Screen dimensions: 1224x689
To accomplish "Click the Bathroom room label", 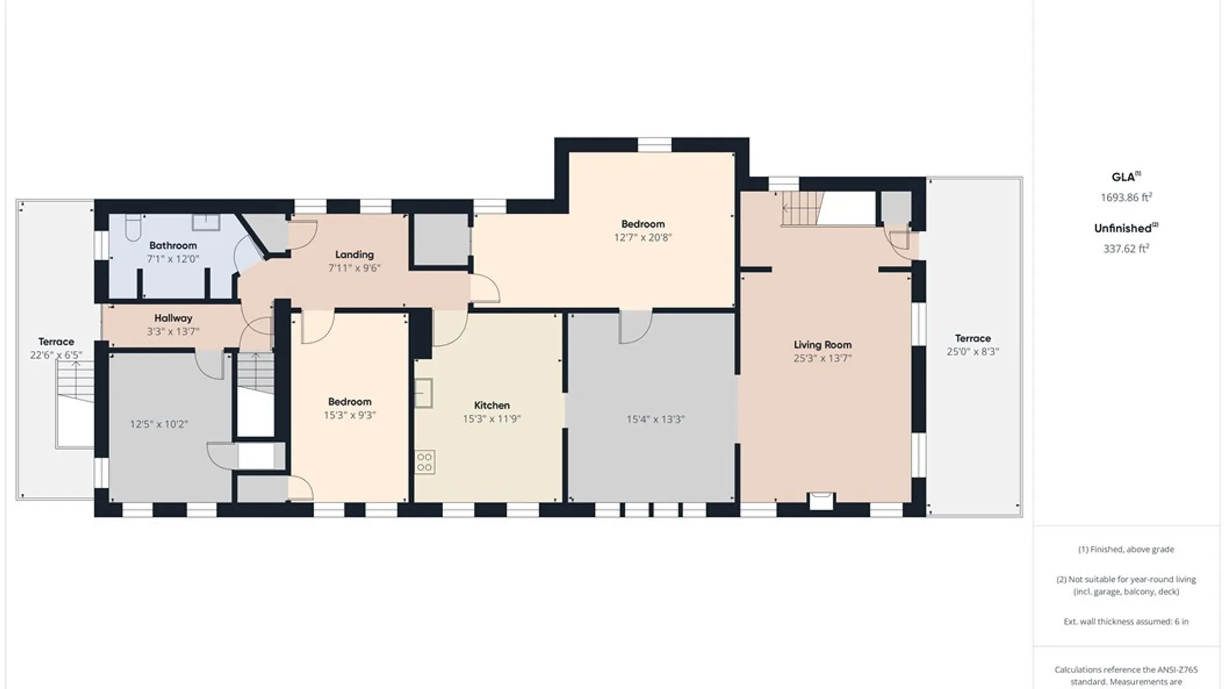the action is pos(173,246).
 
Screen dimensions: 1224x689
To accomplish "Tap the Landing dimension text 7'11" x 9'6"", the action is pos(354,268).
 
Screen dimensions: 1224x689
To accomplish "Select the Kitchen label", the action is pos(492,405).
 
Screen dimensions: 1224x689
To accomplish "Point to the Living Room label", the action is pos(822,344).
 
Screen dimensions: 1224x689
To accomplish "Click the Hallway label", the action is pos(173,318).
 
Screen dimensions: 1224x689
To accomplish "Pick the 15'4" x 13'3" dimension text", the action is pos(655,419).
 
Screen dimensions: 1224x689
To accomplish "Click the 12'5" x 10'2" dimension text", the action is pos(159,424).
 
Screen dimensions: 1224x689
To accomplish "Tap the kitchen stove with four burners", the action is pos(425,462).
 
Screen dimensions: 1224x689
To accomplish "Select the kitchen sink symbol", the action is pos(424,392).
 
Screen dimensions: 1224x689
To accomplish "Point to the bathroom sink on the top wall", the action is pos(207,222).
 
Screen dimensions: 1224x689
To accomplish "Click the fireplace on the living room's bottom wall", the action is pos(820,500).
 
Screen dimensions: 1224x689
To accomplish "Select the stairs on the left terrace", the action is pos(75,379).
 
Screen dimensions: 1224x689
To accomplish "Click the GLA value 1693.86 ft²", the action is pos(1126,197).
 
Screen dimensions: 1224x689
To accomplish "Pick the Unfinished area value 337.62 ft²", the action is pos(1126,248).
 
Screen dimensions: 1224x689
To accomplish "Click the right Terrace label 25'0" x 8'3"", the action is pos(973,345).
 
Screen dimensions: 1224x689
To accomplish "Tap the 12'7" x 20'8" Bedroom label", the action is pos(643,231).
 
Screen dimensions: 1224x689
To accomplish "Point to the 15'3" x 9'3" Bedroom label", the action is pos(349,408).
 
